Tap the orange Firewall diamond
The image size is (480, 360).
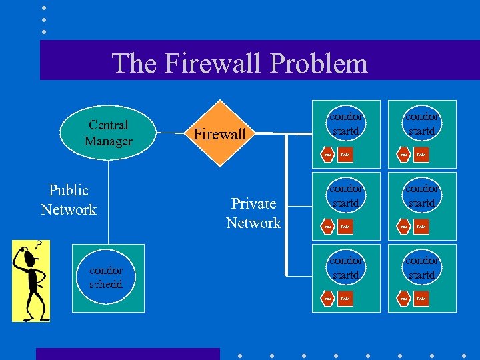(x=220, y=134)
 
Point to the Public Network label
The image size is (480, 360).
(x=69, y=200)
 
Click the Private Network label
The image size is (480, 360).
(x=253, y=213)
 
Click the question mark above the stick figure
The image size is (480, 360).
(x=39, y=246)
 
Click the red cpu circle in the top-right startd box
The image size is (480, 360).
(x=403, y=155)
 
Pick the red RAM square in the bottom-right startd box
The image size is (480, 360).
(x=421, y=299)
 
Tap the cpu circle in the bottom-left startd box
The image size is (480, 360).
(x=327, y=299)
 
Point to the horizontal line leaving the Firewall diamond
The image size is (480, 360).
(x=267, y=134)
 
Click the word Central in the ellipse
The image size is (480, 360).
(x=108, y=125)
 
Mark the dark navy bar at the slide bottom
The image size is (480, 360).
(x=127, y=353)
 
